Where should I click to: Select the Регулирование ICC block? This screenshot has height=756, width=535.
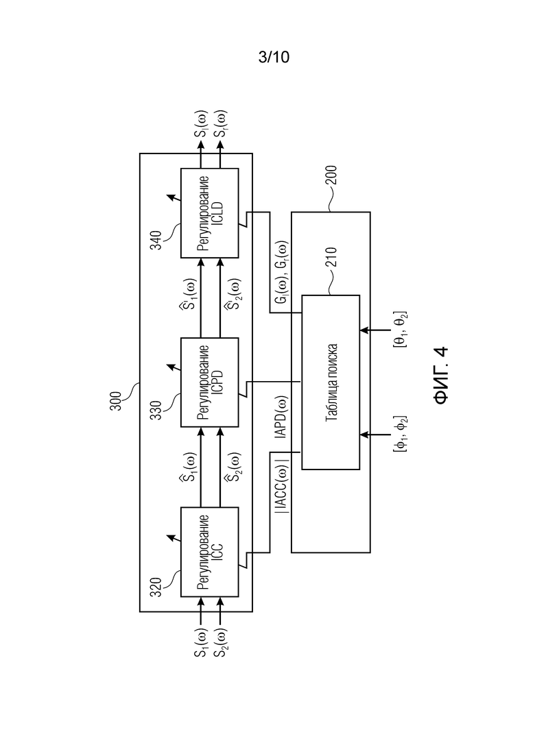[209, 552]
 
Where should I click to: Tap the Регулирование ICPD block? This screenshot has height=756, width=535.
[209, 382]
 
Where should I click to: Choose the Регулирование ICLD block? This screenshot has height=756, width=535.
[209, 212]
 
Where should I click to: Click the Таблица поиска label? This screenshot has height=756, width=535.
[330, 382]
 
